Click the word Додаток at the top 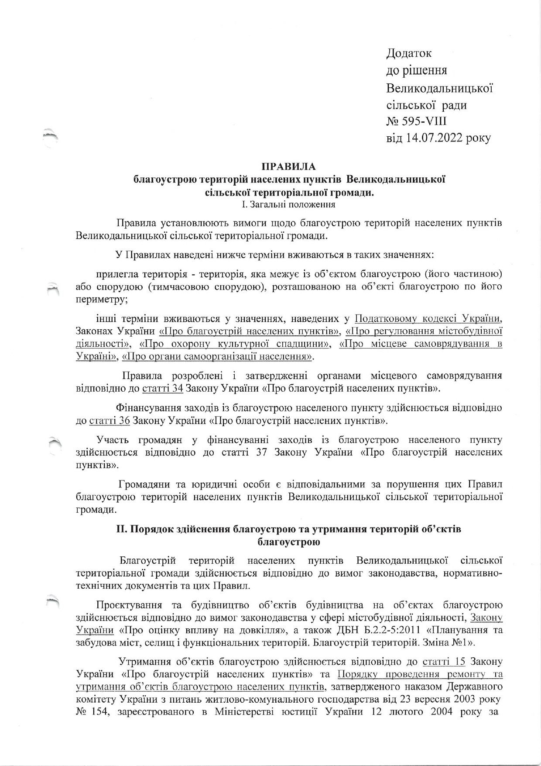(409, 53)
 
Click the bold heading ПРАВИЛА (288, 166)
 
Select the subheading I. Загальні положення (288, 204)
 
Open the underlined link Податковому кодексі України (428, 317)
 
